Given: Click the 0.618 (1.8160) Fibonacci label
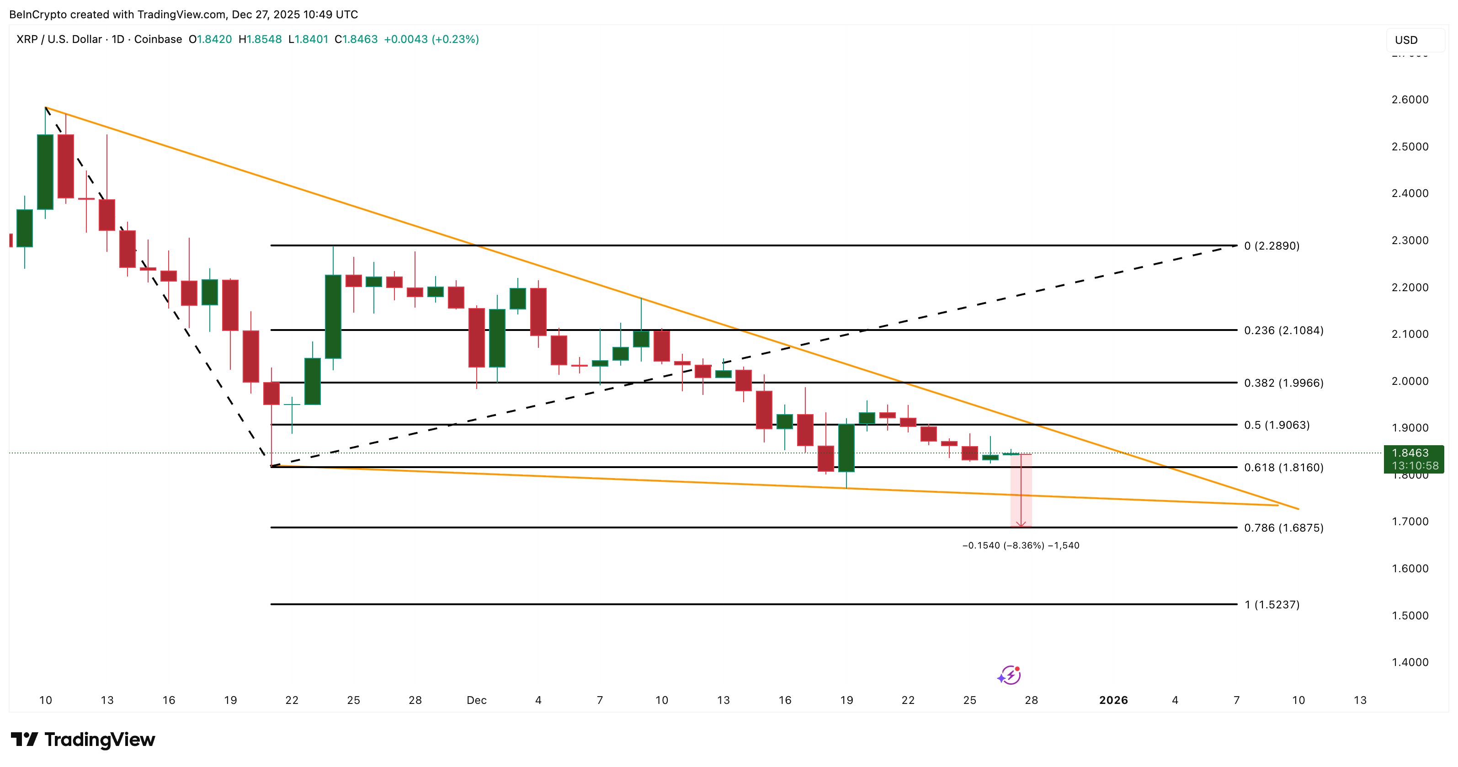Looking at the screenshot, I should tap(1283, 468).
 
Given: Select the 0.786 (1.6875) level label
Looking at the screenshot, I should tap(1283, 527).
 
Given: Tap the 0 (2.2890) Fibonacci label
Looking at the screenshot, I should tap(1271, 245).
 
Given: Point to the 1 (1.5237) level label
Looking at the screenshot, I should tap(1271, 605).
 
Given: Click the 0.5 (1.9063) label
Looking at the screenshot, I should tap(1276, 425).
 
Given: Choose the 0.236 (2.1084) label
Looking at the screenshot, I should tap(1283, 330).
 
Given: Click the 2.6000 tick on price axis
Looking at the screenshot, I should tap(1410, 100).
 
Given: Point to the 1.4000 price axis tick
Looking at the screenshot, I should tap(1410, 662).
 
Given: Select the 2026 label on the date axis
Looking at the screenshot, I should tap(1113, 700).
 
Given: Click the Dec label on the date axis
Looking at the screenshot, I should tap(477, 700).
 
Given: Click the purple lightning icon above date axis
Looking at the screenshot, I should tap(1009, 675).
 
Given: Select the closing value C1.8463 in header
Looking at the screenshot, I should tap(356, 39).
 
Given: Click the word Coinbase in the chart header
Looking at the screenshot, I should tap(158, 39).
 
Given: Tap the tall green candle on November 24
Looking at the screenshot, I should tap(333, 316).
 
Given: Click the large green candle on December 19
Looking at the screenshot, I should tap(846, 447).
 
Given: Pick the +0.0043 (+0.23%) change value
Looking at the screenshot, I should tap(431, 39).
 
